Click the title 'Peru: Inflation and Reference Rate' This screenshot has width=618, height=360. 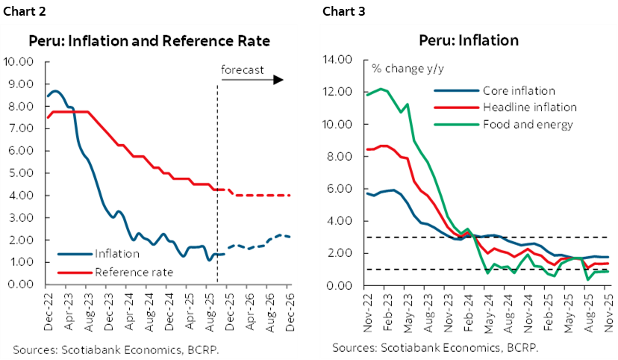(149, 40)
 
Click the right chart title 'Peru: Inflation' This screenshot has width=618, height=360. (469, 40)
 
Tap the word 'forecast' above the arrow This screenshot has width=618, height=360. (243, 69)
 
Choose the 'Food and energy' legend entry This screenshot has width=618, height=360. (524, 124)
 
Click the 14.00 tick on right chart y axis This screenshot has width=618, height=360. (340, 60)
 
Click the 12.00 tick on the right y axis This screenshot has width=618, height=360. (340, 92)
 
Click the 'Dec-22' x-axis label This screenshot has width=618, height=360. (46, 306)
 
